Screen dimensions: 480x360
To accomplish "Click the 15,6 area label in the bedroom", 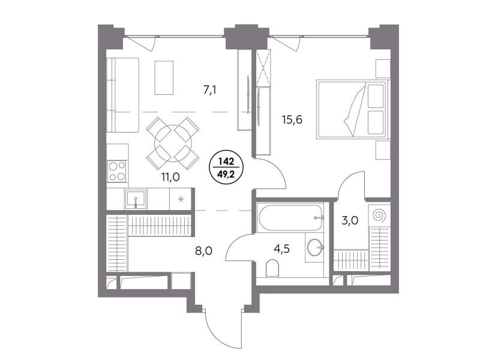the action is pyautogui.click(x=292, y=119).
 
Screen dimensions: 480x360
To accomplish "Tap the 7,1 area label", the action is pyautogui.click(x=210, y=90).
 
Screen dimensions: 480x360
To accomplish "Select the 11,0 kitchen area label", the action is pyautogui.click(x=170, y=177).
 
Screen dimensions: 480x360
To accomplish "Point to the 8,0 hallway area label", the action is pyautogui.click(x=203, y=251).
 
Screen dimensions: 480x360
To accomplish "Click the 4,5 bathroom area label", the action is pyautogui.click(x=281, y=249).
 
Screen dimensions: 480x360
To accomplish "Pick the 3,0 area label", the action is pyautogui.click(x=350, y=220).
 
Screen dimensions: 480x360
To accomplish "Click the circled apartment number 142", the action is pyautogui.click(x=226, y=161).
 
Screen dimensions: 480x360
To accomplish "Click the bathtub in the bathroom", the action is pyautogui.click(x=290, y=218).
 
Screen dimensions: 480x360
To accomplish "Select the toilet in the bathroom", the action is pyautogui.click(x=272, y=268).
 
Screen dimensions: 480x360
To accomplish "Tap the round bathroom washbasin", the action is pyautogui.click(x=314, y=247).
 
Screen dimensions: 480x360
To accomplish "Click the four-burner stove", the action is pyautogui.click(x=117, y=171).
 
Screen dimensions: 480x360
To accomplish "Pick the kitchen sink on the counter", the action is pyautogui.click(x=136, y=199).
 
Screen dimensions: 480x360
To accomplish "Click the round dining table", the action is pyautogui.click(x=173, y=143).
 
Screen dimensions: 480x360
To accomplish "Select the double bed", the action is pyautogui.click(x=353, y=109).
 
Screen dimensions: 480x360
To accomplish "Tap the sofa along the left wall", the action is pyautogui.click(x=123, y=95).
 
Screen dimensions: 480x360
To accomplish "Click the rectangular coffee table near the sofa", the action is pyautogui.click(x=164, y=78).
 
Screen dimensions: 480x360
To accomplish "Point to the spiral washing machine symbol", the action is pyautogui.click(x=379, y=215).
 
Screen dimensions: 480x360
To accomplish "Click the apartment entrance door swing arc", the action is pyautogui.click(x=216, y=334).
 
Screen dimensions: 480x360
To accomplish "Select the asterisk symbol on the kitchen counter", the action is pyautogui.click(x=181, y=200).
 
